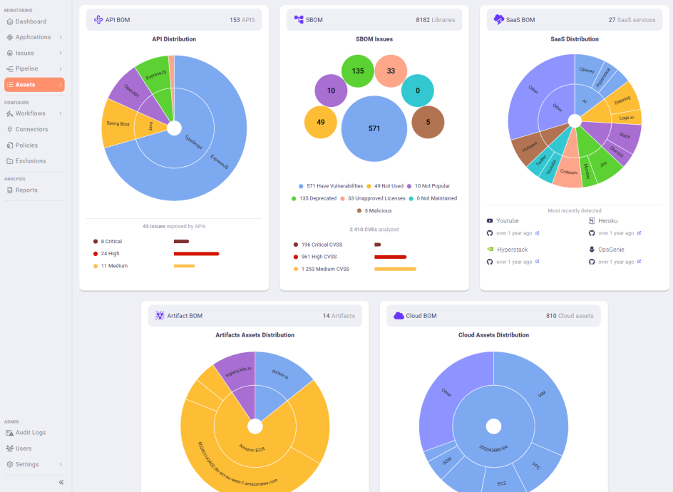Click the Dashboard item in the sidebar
tap(31, 21)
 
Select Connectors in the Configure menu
tap(31, 129)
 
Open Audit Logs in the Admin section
tap(30, 432)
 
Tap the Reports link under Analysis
tap(26, 190)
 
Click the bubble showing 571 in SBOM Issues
tap(374, 129)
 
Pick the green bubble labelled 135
tap(358, 71)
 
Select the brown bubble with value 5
tap(428, 122)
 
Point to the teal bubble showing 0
tap(418, 91)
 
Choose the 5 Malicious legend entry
tap(374, 210)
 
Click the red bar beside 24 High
tap(196, 253)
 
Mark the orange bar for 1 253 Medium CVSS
tap(395, 269)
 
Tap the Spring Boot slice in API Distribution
tap(118, 123)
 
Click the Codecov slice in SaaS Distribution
tap(568, 173)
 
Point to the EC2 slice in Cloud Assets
tap(502, 483)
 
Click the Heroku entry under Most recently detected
tap(607, 221)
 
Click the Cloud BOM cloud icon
tap(399, 315)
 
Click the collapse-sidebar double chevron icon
tap(61, 482)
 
